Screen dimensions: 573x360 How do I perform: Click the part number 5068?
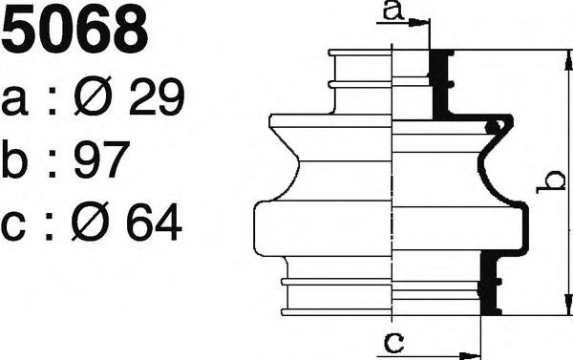pos(74,29)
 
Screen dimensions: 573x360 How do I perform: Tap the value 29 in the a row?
pos(157,96)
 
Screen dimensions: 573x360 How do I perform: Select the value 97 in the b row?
pos(102,159)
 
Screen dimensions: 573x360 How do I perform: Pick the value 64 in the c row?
pos(154,222)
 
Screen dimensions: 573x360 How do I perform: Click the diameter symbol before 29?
pos(93,95)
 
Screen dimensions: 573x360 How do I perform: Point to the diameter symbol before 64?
pos(91,222)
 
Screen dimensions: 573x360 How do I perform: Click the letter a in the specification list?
pos(14,101)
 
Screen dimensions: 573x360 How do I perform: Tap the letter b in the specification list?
pos(15,159)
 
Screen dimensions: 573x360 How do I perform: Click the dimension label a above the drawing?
pos(393,11)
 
